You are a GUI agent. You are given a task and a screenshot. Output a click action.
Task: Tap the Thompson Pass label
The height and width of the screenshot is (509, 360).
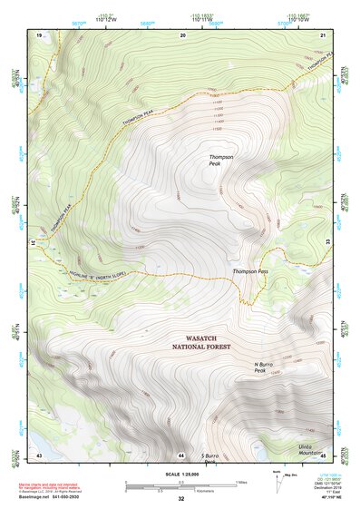click(x=250, y=271)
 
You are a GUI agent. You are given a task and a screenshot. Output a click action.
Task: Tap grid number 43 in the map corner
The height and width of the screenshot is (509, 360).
click(x=39, y=454)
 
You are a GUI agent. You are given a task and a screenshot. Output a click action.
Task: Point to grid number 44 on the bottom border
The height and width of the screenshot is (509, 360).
click(x=181, y=454)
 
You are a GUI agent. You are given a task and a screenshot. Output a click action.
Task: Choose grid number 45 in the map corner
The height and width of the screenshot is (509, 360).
click(x=323, y=454)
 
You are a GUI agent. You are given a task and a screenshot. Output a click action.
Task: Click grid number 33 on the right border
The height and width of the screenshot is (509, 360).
click(x=327, y=242)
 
